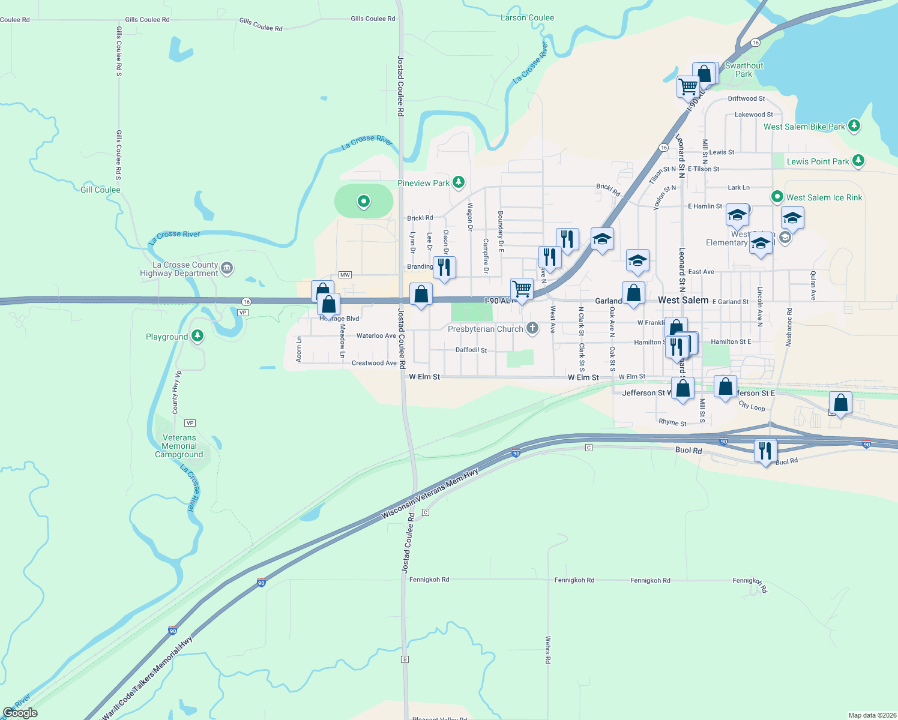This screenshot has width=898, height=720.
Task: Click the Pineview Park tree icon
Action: click(x=459, y=182)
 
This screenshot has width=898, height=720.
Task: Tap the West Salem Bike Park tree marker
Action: click(x=854, y=126)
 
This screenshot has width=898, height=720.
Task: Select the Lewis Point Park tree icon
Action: click(x=858, y=160)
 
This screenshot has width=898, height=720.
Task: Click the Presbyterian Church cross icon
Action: click(x=532, y=328)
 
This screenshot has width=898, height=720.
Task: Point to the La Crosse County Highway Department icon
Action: click(x=227, y=268)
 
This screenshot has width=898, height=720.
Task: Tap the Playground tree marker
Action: click(x=197, y=336)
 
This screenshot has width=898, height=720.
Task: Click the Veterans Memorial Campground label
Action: click(x=179, y=446)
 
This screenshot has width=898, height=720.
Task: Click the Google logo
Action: click(x=20, y=713)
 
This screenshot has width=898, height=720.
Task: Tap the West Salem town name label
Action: click(x=683, y=300)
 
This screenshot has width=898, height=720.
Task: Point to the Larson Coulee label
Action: click(x=527, y=17)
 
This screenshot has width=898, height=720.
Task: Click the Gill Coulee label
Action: click(x=100, y=190)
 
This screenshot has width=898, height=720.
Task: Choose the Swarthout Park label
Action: click(x=744, y=70)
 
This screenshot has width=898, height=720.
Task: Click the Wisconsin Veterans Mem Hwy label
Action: click(x=430, y=494)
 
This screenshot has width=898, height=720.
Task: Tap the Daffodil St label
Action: click(x=471, y=350)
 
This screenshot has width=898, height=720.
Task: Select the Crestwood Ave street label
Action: click(x=374, y=363)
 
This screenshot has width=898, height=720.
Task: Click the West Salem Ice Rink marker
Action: click(x=777, y=197)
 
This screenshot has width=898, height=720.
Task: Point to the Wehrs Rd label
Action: click(x=548, y=650)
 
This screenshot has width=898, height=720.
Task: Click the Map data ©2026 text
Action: click(x=872, y=715)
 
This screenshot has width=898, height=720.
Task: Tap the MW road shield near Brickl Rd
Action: click(x=345, y=275)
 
